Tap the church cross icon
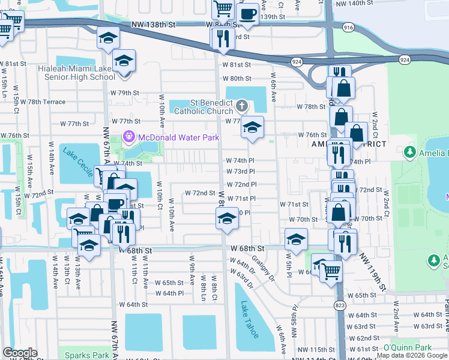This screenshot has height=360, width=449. pos(242,106)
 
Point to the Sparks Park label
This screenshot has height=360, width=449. pos(87,355)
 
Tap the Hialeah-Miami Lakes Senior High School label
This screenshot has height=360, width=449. pos(76,73)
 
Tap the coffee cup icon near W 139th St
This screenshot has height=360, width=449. pos(247,13)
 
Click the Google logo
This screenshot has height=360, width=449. pos(20,353)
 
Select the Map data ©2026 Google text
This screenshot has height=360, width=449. pos(412,356)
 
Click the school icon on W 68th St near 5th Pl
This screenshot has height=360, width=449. pos(296,238)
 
